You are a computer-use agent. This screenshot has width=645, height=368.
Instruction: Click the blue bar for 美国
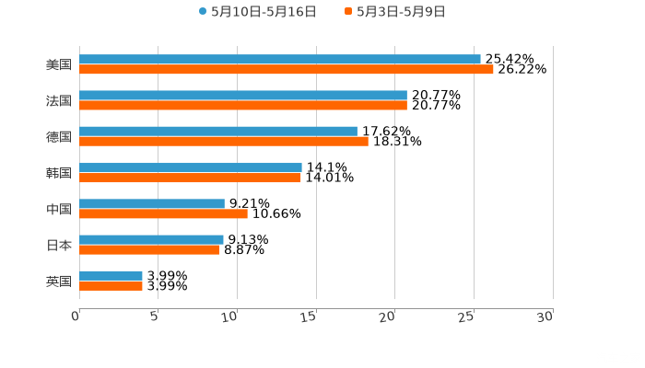click(x=280, y=59)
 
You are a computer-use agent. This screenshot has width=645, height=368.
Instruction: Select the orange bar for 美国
click(x=287, y=69)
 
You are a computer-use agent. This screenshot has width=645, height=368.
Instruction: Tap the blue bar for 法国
click(x=243, y=95)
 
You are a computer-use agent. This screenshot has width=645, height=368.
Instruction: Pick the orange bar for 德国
click(x=224, y=141)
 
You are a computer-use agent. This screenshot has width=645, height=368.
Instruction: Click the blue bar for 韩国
click(x=191, y=167)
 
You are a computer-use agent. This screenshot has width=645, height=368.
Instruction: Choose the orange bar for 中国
click(x=163, y=213)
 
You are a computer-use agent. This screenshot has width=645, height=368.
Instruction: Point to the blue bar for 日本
click(x=151, y=239)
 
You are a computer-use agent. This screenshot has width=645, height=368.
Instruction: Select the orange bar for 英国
click(x=111, y=285)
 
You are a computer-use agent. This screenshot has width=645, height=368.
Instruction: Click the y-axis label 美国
click(x=59, y=64)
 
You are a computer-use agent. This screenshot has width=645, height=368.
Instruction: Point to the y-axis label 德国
click(x=59, y=136)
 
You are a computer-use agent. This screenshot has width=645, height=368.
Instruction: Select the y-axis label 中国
click(x=59, y=209)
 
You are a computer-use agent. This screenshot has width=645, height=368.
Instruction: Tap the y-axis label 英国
click(x=59, y=281)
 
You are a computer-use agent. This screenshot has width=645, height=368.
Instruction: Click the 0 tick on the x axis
click(x=76, y=316)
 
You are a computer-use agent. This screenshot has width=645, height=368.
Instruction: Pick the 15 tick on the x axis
click(x=310, y=316)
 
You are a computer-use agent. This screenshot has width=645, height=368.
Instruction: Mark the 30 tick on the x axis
click(x=545, y=316)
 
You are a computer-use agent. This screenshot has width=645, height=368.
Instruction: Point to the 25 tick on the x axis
click(x=467, y=316)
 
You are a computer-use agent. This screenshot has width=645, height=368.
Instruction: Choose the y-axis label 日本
click(x=59, y=245)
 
